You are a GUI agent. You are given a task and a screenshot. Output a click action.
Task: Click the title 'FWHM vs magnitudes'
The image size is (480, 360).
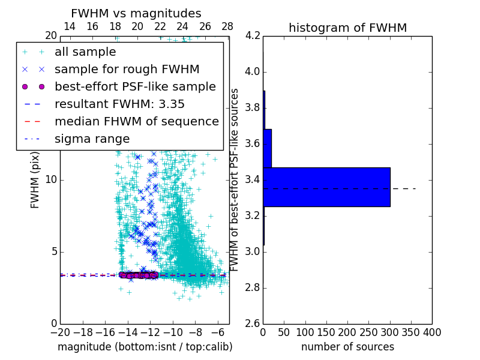pos(136,13)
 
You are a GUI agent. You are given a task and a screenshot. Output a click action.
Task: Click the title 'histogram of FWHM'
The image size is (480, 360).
pos(347,28)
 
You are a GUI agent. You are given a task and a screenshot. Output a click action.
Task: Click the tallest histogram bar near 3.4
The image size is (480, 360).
pos(326,187)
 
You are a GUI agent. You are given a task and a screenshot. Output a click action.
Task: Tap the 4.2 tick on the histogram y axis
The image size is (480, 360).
pos(253,36)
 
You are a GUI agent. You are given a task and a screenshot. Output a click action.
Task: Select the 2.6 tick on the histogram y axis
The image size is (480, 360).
pos(253,324)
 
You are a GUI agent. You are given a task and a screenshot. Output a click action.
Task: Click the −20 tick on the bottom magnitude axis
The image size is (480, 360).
pos(60,332)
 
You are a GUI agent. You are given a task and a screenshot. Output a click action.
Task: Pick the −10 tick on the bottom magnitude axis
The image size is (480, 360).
pos(173,332)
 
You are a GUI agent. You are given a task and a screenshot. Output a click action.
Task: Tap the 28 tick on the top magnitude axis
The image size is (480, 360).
pos(227,27)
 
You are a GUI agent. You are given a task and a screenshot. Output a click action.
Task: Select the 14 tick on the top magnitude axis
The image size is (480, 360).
pos(70,27)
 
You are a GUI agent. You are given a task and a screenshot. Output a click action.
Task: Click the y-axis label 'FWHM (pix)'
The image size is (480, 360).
pos(35,180)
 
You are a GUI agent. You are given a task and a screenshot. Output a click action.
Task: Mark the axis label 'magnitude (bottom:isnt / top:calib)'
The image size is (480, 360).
pos(145,347)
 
